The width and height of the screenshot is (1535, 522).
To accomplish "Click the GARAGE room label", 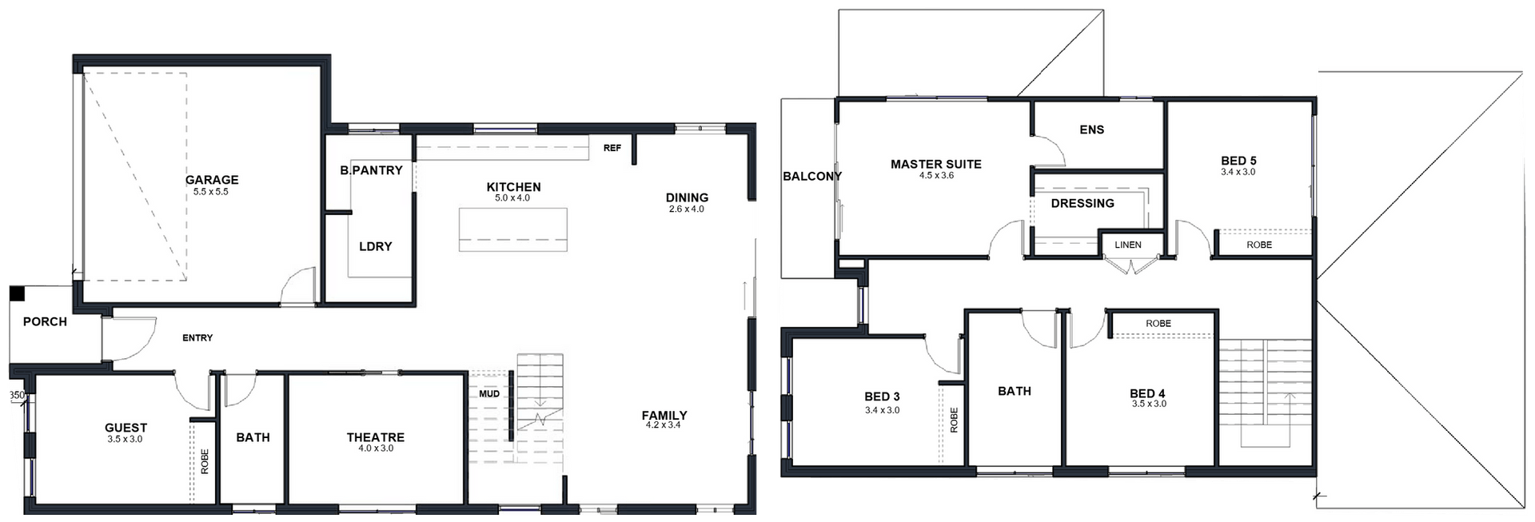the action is point(212,180).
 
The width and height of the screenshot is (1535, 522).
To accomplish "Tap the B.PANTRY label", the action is point(371,170).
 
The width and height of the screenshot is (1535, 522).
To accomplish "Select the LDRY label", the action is point(376,246).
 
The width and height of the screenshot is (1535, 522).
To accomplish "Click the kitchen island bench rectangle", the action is point(513,229).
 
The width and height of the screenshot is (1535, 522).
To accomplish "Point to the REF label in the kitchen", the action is point(612,148).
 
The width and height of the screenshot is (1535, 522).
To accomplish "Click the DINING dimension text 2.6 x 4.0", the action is point(687,209).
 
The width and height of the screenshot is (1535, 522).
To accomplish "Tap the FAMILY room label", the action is point(664,415).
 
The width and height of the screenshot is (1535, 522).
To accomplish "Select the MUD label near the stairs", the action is point(489,394).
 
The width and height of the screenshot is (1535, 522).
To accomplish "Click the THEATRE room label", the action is point(376,437).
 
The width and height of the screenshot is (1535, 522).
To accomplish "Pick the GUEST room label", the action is point(126,428).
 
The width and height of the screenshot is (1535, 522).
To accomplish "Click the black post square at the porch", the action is point(17,293).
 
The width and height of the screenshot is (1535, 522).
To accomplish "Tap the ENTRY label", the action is point(197,338).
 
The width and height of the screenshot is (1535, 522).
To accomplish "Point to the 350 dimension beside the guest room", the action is point(18,395).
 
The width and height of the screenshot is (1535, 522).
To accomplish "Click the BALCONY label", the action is point(812,176).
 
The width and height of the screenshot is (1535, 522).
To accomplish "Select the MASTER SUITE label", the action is point(936,164).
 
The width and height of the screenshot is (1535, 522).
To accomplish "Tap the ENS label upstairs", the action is point(1092,130).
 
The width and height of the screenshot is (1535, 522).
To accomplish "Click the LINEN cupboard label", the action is point(1128,245).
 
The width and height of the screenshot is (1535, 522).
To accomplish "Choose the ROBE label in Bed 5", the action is point(1259,245).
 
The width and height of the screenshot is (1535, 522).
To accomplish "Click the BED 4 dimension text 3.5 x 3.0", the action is point(1148,404).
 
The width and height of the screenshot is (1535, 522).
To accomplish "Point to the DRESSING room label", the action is point(1082,203).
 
